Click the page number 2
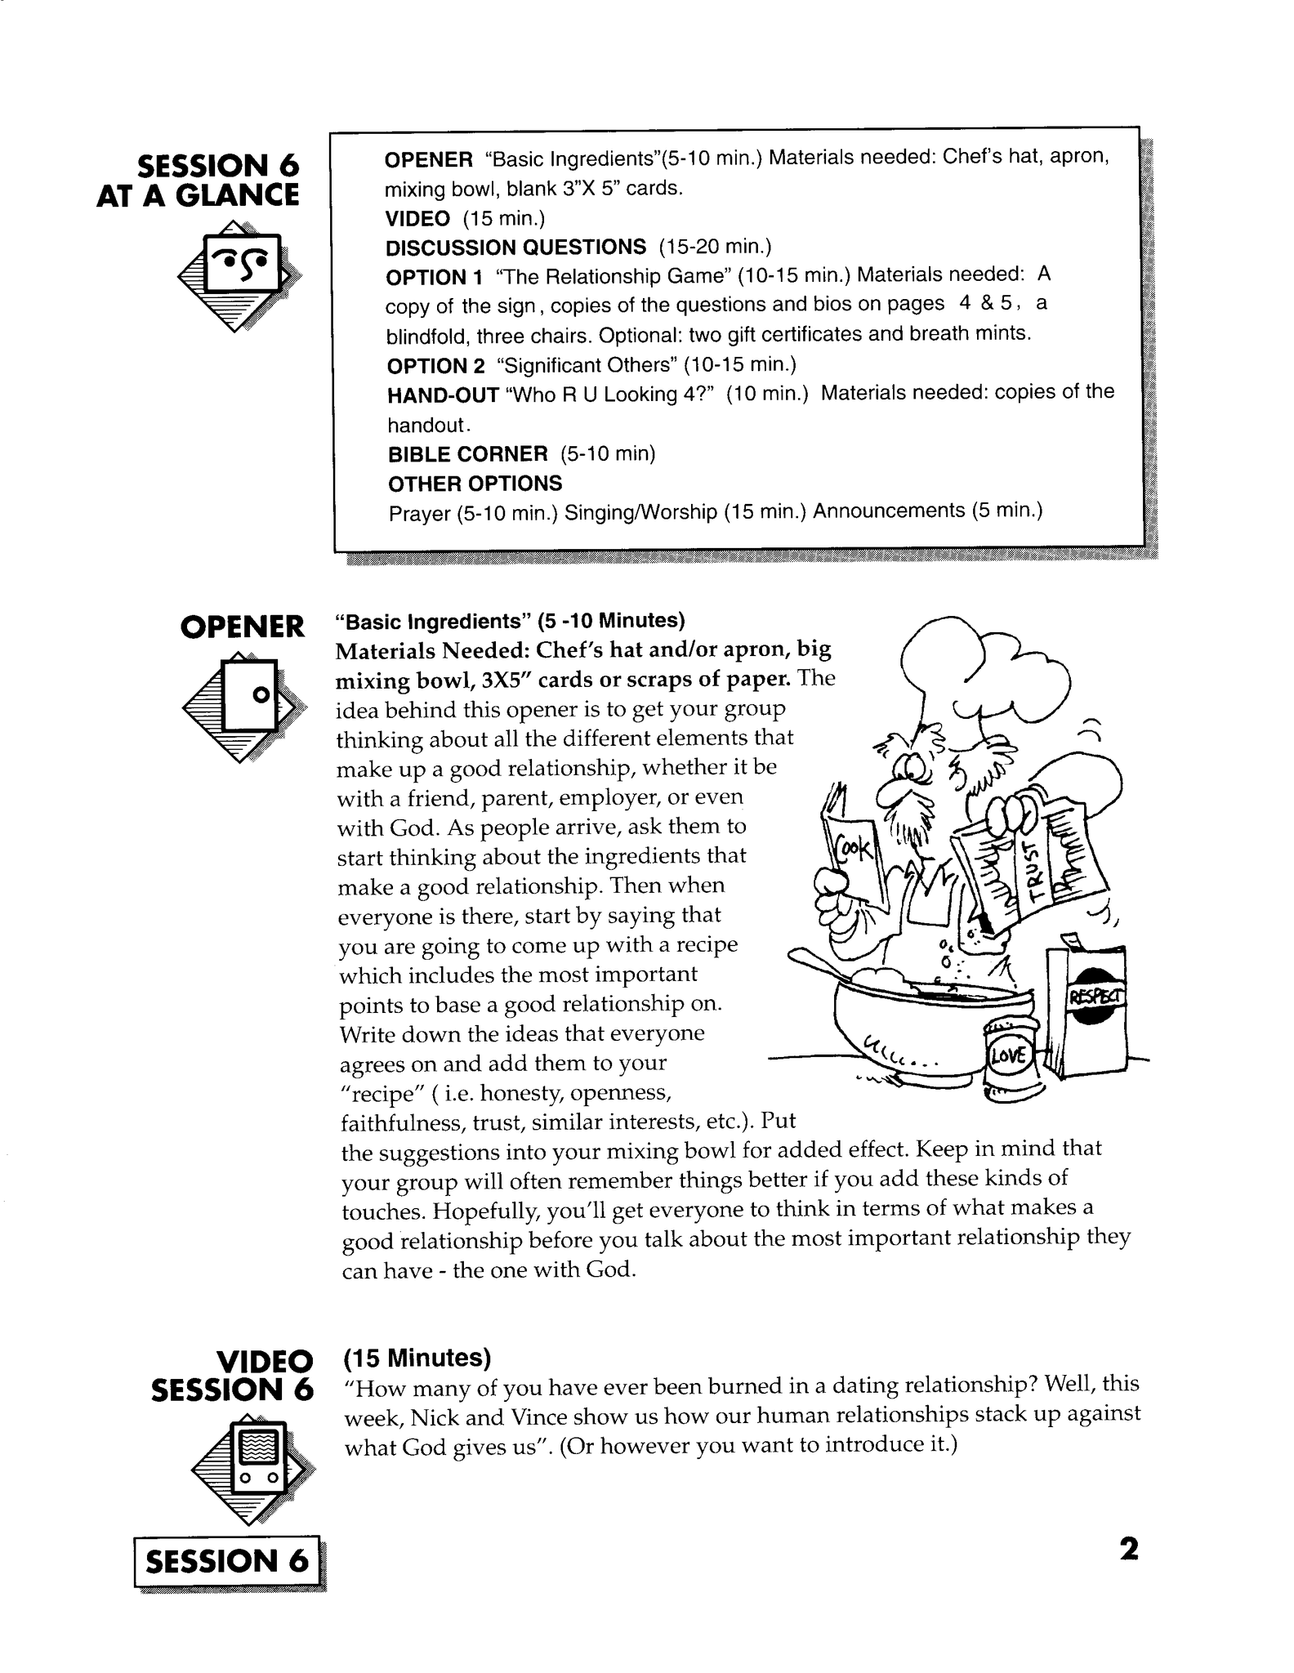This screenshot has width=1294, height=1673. (x=1128, y=1549)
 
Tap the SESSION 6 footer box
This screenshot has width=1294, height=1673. (x=227, y=1561)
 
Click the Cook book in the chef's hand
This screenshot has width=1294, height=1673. (x=851, y=851)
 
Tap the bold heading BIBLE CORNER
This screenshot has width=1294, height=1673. (x=467, y=454)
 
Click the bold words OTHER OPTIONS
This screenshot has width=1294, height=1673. (x=475, y=484)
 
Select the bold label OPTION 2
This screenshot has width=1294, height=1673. (x=435, y=365)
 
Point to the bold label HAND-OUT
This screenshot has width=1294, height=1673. (x=443, y=395)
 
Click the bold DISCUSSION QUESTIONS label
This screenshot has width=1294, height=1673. (x=515, y=248)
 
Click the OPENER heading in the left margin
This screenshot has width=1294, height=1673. (x=242, y=627)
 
